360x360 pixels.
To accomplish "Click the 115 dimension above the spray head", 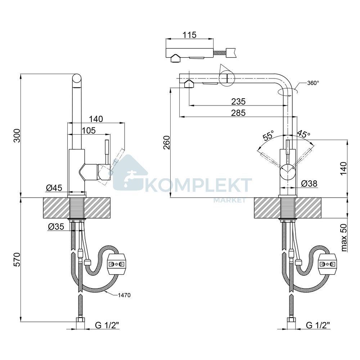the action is tap(189, 35).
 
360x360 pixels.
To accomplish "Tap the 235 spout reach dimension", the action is tap(238, 101).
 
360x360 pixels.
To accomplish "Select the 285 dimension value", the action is tap(238, 113).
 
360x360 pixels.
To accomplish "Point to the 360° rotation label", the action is tap(313, 83).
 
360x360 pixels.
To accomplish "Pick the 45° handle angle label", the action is tap(303, 134).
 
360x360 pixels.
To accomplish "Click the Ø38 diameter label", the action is tap(309, 184).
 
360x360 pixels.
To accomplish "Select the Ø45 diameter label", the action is tap(54, 188).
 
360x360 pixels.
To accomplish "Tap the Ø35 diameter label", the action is tap(56, 227).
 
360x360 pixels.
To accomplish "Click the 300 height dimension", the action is tap(17, 135).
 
